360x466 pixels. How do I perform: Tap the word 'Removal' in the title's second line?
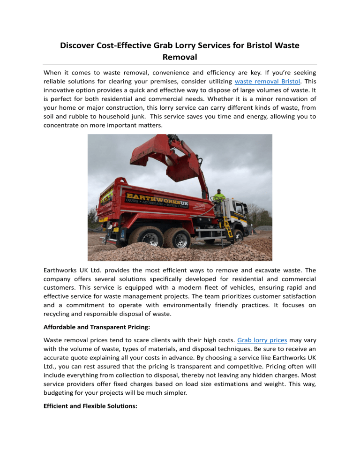180,58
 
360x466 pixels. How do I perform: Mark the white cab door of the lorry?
238,213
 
